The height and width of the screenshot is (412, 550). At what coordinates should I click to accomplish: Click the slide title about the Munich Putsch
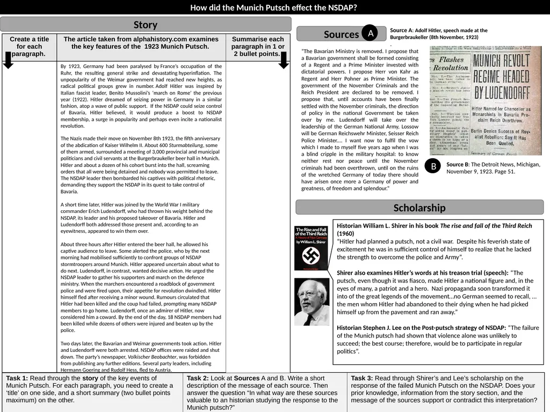click(274, 8)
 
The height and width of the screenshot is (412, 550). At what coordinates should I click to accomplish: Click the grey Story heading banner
click(146, 25)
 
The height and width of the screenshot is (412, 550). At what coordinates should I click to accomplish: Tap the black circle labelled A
click(370, 33)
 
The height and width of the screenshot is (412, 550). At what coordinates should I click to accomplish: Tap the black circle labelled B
click(433, 167)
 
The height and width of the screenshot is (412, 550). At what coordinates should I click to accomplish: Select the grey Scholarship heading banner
click(419, 208)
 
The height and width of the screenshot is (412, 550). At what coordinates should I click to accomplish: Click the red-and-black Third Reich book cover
click(312, 248)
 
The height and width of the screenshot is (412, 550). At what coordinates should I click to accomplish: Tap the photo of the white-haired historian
click(312, 301)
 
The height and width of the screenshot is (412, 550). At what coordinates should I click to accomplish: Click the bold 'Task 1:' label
click(17, 378)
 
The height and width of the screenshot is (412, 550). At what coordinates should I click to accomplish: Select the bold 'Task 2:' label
click(198, 378)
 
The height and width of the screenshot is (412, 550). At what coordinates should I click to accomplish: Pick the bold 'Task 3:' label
click(362, 378)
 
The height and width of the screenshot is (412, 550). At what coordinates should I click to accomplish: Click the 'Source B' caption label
click(458, 164)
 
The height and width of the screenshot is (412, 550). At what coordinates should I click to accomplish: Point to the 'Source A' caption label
click(401, 31)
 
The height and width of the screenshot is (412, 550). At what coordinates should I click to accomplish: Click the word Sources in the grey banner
click(341, 34)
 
